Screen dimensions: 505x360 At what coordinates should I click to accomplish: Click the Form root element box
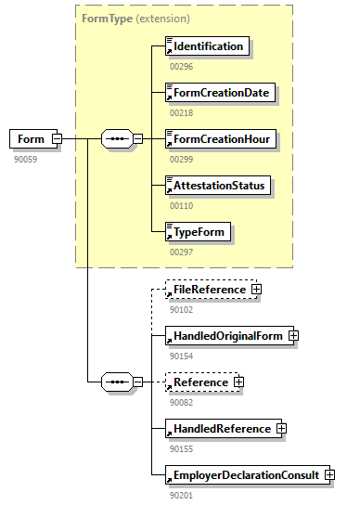(x=30, y=139)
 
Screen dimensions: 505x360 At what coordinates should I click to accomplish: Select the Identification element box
(x=208, y=45)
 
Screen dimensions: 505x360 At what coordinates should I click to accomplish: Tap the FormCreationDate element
(x=215, y=93)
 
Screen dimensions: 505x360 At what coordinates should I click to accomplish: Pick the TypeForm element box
(x=197, y=232)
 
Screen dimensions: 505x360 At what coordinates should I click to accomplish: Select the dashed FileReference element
(x=209, y=290)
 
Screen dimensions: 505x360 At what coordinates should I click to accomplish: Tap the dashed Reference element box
(x=199, y=382)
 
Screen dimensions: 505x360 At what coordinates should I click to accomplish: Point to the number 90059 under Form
(x=25, y=159)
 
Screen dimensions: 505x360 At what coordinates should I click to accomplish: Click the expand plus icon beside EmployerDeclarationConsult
(x=329, y=475)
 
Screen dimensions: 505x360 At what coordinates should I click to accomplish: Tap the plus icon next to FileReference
(x=256, y=290)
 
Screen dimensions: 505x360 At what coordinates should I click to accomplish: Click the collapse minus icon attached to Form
(x=58, y=139)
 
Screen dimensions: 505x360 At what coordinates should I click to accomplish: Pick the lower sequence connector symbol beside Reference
(x=116, y=382)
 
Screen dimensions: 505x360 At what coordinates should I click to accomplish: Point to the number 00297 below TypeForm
(x=182, y=252)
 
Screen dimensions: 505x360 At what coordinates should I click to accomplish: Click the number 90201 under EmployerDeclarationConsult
(x=182, y=494)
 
